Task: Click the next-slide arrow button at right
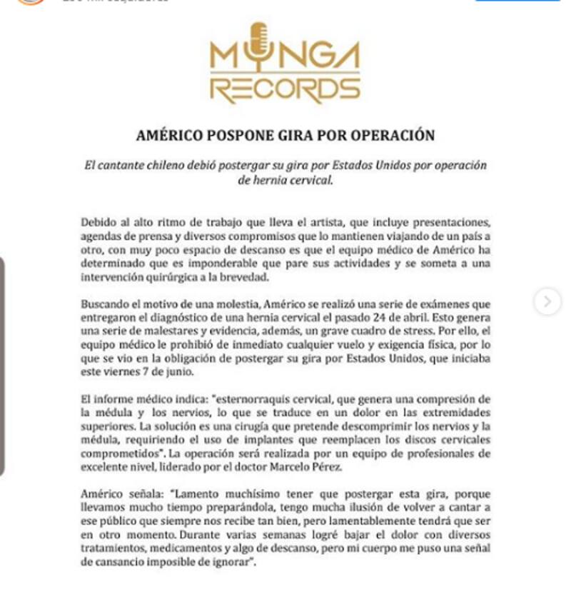(547, 302)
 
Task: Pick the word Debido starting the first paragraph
(96, 222)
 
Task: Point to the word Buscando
(103, 305)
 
